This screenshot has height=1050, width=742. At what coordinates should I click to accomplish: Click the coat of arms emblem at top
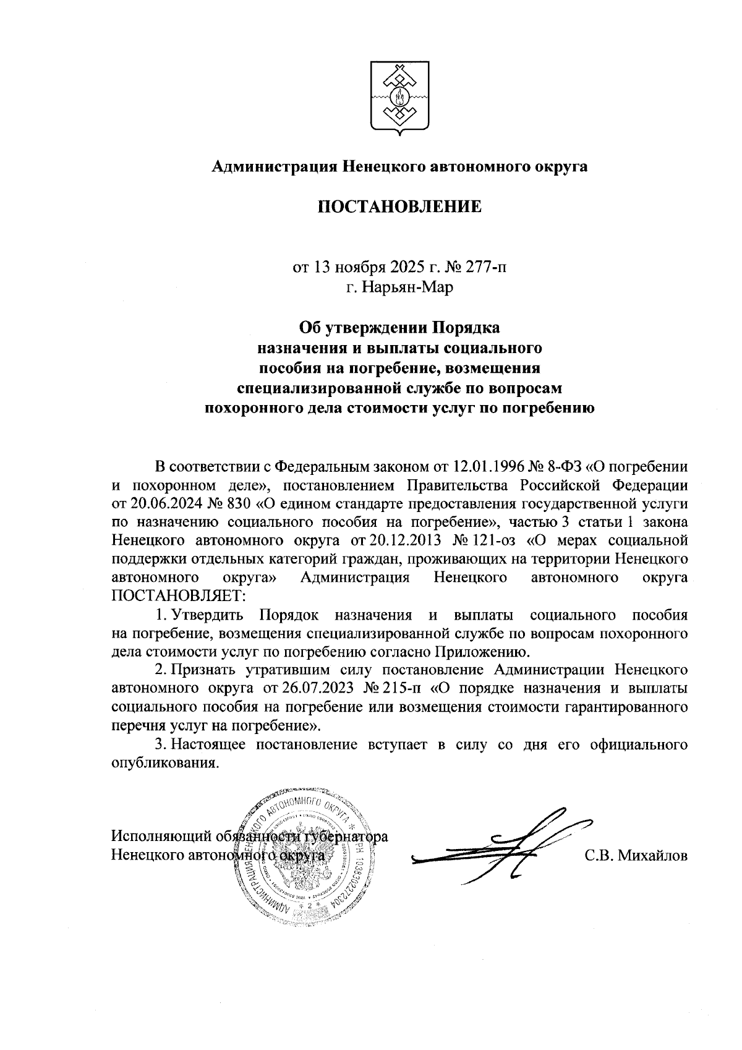pos(399,99)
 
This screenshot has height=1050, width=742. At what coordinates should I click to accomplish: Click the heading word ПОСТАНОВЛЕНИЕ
pos(399,207)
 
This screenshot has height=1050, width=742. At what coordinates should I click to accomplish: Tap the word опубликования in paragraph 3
pos(164,762)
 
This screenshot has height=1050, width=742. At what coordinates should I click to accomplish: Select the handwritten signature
pos(501,844)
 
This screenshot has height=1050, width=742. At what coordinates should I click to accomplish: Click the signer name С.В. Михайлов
pos(636,856)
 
